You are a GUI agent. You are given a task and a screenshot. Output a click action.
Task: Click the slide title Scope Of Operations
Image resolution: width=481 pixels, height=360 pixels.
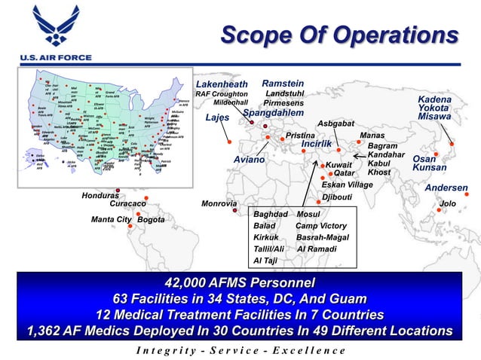click(339, 35)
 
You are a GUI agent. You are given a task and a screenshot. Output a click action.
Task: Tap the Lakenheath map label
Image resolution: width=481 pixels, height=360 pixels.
click(222, 83)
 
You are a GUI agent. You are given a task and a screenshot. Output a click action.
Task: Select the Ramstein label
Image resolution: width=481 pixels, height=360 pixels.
click(283, 83)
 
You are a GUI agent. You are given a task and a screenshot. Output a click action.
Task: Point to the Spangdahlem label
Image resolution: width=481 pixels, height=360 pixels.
click(273, 113)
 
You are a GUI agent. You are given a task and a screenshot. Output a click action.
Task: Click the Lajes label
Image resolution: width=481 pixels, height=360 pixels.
click(217, 118)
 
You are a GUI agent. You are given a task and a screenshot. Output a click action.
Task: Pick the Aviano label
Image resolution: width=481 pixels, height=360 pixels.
click(249, 160)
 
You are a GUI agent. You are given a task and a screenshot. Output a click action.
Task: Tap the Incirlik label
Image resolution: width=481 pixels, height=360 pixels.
click(316, 143)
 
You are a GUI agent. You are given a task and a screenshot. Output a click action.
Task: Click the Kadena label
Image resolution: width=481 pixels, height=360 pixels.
click(435, 99)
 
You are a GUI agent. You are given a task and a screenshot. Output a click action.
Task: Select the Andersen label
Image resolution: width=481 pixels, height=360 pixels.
click(446, 188)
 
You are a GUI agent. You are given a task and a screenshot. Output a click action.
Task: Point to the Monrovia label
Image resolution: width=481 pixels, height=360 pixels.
click(219, 203)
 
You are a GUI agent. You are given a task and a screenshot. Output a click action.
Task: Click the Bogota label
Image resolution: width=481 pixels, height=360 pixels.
click(151, 220)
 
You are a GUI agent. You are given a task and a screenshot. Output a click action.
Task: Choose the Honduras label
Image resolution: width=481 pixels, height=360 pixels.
click(101, 195)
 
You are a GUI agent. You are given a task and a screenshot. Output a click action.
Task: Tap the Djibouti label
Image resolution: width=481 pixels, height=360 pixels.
click(337, 197)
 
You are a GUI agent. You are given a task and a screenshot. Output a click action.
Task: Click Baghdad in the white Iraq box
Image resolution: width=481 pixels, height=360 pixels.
click(269, 214)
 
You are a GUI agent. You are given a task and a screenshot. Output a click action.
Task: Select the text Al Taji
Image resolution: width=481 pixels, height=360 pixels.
click(265, 261)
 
